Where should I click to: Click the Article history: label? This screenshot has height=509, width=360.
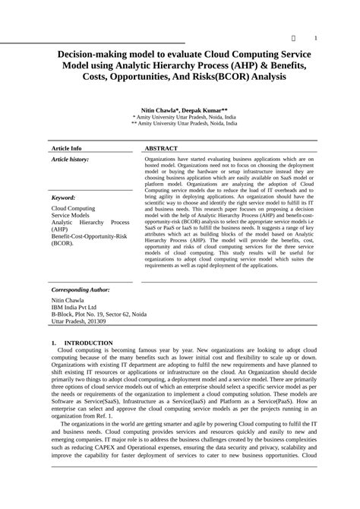pyautogui.click(x=70, y=160)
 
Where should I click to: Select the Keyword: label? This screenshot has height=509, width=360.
pyautogui.click(x=63, y=197)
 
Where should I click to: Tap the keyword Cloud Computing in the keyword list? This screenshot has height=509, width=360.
pyautogui.click(x=73, y=208)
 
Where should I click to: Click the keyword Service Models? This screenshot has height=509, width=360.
pyautogui.click(x=71, y=216)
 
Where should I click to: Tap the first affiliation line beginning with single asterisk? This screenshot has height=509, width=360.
pyautogui.click(x=185, y=118)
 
